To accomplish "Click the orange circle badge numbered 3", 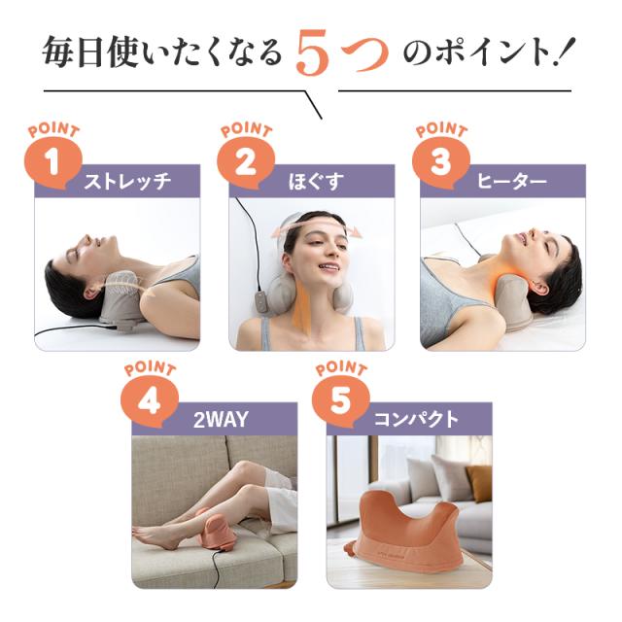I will coord(440,162).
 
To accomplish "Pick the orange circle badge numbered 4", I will coord(148,402).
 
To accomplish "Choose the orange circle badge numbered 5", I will coord(340,402).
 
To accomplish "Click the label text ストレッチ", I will coord(127,182).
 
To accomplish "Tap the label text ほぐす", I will coord(316,182).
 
